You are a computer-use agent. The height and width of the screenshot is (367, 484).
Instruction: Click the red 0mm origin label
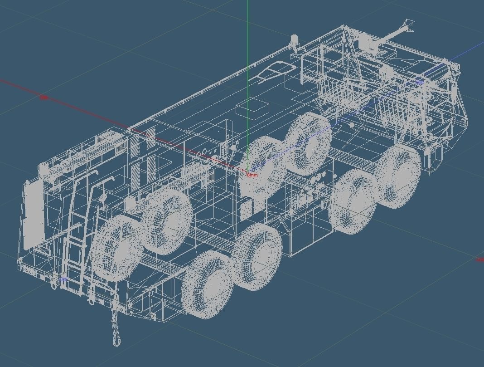click(x=252, y=175)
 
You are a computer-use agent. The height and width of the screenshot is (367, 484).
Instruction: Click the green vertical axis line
click(x=248, y=36)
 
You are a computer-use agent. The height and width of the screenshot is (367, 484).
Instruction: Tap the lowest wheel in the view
click(x=207, y=284)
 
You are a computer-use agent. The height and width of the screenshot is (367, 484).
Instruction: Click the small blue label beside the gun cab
click(x=420, y=83)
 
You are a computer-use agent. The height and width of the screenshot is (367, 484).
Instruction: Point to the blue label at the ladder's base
click(x=63, y=279)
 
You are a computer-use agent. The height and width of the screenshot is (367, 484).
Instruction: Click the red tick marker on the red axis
click(x=44, y=97)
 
